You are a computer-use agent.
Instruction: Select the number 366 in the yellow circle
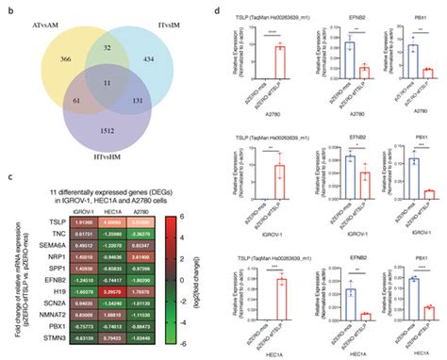(65, 59)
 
